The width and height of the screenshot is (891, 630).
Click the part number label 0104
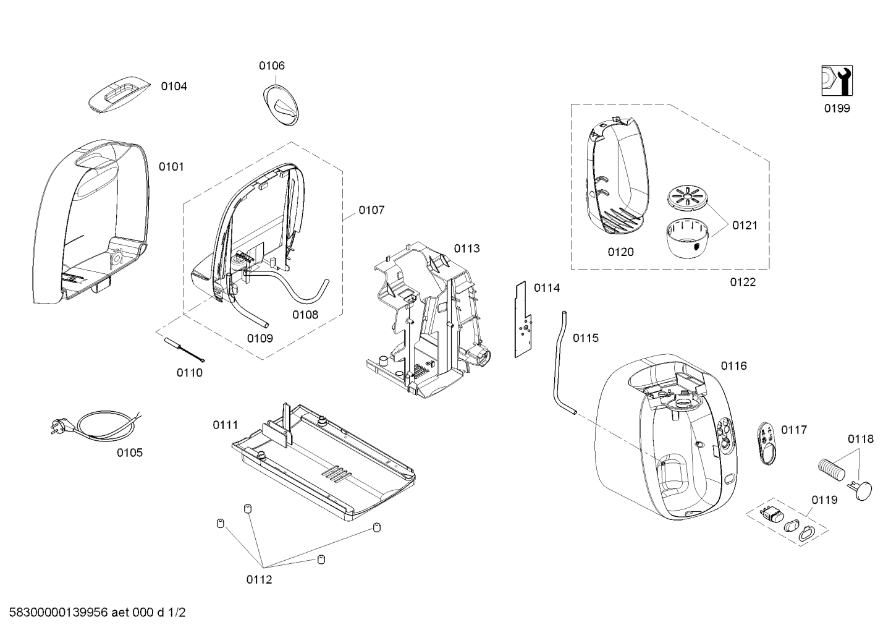pos(174,87)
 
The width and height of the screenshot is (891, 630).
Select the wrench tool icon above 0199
pos(837,81)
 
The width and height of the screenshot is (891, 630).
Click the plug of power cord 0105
pos(61,426)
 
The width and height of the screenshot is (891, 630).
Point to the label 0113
pos(467,249)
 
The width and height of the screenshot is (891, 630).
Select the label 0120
pos(620,252)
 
